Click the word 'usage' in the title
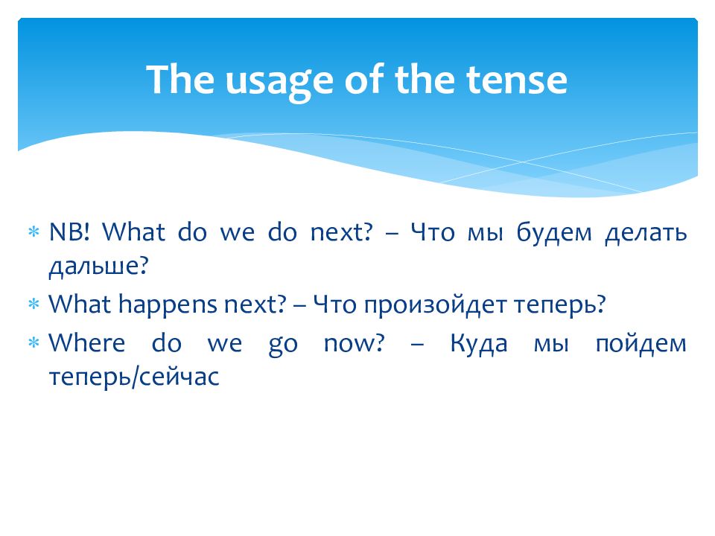click(279, 82)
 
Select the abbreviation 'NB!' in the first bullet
click(69, 232)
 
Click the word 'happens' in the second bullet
click(168, 304)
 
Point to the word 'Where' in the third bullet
click(86, 342)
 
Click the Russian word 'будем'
click(554, 232)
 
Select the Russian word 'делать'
click(646, 233)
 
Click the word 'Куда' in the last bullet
click(478, 344)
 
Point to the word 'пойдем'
click(641, 344)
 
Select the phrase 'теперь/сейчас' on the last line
click(133, 377)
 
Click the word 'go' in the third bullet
click(283, 345)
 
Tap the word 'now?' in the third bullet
click(354, 343)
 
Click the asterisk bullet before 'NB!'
click(34, 232)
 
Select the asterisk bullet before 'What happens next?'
click(34, 304)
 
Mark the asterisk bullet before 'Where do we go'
click(34, 342)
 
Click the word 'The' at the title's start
click(179, 80)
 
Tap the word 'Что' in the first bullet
click(432, 232)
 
